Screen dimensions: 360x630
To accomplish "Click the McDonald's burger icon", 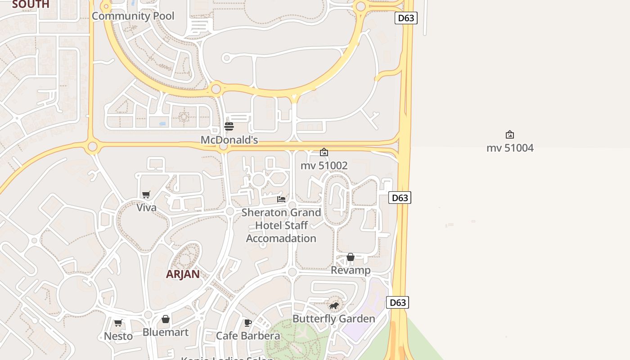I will (x=229, y=126).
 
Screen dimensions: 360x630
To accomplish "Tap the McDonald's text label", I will (x=229, y=140).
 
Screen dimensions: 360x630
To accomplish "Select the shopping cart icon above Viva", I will (x=146, y=194).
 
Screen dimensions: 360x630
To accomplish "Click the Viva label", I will (x=147, y=208).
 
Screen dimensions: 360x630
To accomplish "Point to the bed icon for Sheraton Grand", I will (x=281, y=199).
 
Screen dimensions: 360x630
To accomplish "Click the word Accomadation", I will (x=281, y=238).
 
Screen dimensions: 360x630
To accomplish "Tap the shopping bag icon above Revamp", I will (x=351, y=257).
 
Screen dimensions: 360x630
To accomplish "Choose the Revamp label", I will (x=351, y=270).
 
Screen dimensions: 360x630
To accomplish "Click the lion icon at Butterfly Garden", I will (x=333, y=306).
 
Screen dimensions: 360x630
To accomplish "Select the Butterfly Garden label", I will (x=333, y=319).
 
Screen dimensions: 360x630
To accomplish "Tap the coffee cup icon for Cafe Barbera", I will (x=247, y=323).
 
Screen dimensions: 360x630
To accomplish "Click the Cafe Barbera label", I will (x=248, y=336).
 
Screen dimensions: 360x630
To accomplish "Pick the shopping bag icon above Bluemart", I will (x=166, y=319).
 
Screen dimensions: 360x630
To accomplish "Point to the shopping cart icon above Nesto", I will (x=118, y=323).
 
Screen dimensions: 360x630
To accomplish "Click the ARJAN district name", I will (x=183, y=274).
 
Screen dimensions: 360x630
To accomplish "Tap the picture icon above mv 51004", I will (x=510, y=135).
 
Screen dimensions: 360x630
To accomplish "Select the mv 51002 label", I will (x=324, y=166).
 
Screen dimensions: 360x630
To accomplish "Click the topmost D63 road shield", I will (x=406, y=18).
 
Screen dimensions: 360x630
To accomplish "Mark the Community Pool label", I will (x=133, y=16).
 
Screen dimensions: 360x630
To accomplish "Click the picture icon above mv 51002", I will (x=324, y=152).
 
